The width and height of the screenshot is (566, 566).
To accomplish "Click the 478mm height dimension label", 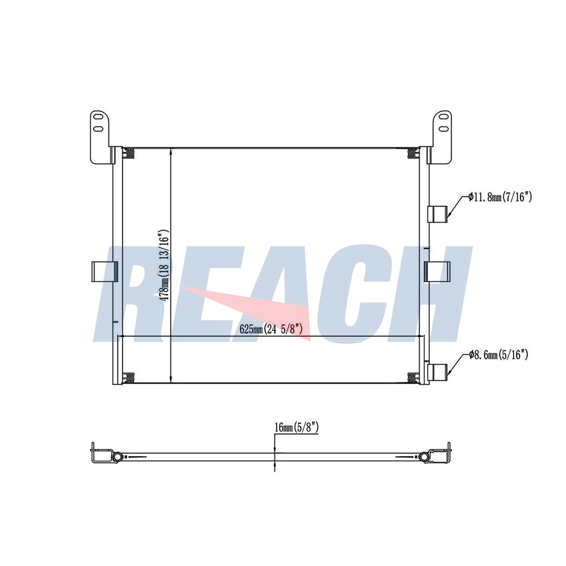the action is click(164, 265).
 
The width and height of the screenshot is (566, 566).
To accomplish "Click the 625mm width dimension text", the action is click(271, 329).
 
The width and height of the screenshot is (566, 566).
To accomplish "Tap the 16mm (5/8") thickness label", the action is click(296, 427).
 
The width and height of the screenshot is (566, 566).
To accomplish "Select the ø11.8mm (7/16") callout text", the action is click(500, 197).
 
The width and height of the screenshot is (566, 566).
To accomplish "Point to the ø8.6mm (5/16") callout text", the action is click(498, 354).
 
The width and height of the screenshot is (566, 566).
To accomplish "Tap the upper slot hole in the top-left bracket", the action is click(99, 116).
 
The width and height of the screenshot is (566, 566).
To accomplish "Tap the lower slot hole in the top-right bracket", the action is click(444, 129).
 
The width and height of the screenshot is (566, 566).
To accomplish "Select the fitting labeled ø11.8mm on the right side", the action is click(438, 214).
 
